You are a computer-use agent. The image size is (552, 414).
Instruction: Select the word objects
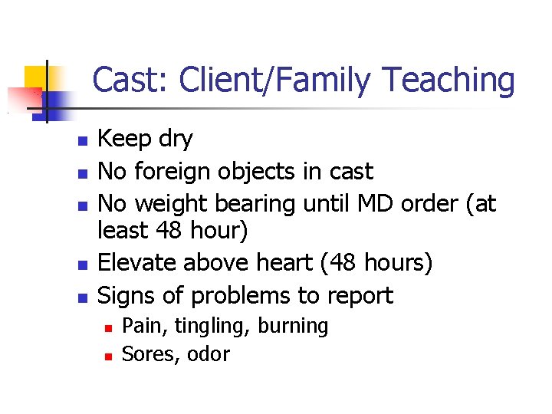pos(255,171)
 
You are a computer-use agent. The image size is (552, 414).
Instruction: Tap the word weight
pos(171,204)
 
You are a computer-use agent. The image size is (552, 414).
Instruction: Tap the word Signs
pos(128,296)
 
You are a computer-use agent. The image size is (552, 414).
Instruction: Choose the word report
pos(364,296)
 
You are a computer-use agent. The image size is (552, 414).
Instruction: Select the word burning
pos(293,326)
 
